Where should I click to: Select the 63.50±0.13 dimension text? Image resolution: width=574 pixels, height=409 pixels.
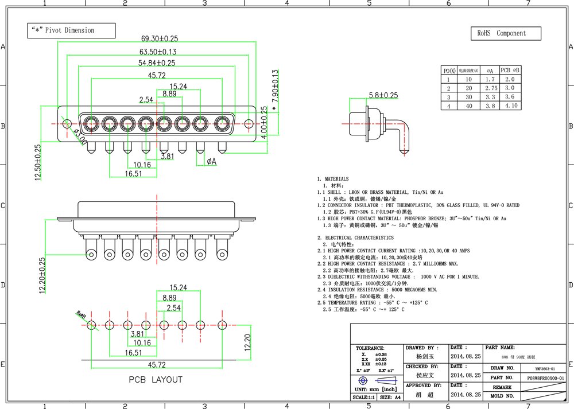pyautogui.click(x=154, y=52)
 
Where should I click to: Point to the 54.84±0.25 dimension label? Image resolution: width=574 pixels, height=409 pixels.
pyautogui.click(x=157, y=63)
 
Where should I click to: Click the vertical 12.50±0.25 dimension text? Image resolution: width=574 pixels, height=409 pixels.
pyautogui.click(x=38, y=162)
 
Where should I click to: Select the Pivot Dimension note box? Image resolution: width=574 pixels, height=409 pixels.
pyautogui.click(x=71, y=30)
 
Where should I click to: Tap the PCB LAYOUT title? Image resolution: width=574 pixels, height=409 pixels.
pyautogui.click(x=155, y=380)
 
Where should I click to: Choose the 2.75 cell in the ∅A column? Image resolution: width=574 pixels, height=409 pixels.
pyautogui.click(x=491, y=88)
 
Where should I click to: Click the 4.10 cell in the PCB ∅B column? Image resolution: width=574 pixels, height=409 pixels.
pyautogui.click(x=510, y=106)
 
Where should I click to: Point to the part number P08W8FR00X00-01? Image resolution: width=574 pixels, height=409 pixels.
pyautogui.click(x=545, y=378)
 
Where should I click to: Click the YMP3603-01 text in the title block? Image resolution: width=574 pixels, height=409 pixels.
pyautogui.click(x=545, y=369)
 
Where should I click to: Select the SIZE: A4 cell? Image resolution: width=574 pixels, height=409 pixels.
pyautogui.click(x=390, y=397)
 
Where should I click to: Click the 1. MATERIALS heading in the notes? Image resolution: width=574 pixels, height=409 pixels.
pyautogui.click(x=333, y=179)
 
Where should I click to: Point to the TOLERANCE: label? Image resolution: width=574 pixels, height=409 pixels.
pyautogui.click(x=370, y=348)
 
